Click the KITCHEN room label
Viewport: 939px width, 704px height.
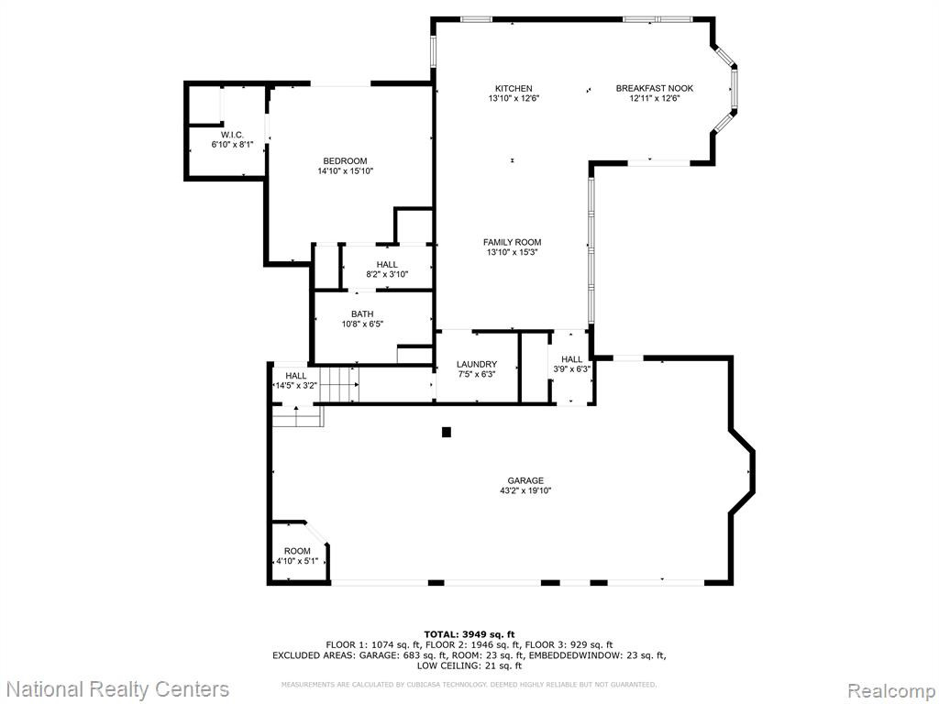[514, 89]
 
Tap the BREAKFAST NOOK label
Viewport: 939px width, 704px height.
[655, 89]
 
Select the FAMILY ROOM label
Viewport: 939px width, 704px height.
[512, 242]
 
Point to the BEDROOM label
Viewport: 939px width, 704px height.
[345, 161]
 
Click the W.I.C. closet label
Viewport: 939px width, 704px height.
[232, 136]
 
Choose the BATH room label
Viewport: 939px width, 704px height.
[362, 314]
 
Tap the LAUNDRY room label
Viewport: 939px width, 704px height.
[477, 365]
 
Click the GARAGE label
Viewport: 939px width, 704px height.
[525, 480]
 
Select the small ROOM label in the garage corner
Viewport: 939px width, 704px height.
[298, 551]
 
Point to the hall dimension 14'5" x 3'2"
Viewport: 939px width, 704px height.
[295, 386]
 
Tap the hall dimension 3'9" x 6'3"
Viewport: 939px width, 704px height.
[572, 369]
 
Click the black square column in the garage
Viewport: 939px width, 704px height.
[447, 433]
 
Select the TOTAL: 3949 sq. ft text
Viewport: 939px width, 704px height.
[469, 634]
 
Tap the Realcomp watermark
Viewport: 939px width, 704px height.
[891, 690]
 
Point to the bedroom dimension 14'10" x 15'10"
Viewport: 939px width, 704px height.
[346, 171]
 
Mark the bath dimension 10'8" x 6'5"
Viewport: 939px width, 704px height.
[362, 324]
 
